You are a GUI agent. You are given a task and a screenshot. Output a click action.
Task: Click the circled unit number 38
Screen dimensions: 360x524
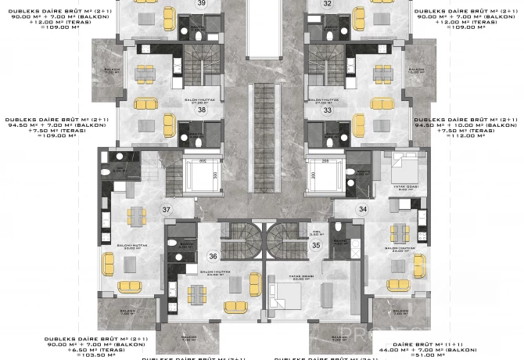coord(202,110)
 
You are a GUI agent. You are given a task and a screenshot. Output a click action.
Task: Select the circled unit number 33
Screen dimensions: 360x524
coord(327,110)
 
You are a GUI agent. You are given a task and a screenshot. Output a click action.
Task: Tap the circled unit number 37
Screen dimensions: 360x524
coord(166,210)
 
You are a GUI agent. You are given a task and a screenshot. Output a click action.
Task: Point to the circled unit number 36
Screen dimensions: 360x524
coord(213,255)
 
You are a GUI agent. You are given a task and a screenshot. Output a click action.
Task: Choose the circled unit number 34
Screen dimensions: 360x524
coord(362,209)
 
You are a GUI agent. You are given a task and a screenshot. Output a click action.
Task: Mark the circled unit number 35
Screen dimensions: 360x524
coord(316,245)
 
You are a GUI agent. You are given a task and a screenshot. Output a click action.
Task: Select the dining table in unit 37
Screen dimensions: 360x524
coord(138,214)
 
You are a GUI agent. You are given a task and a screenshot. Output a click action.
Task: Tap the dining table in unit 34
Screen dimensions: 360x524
coord(399,232)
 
